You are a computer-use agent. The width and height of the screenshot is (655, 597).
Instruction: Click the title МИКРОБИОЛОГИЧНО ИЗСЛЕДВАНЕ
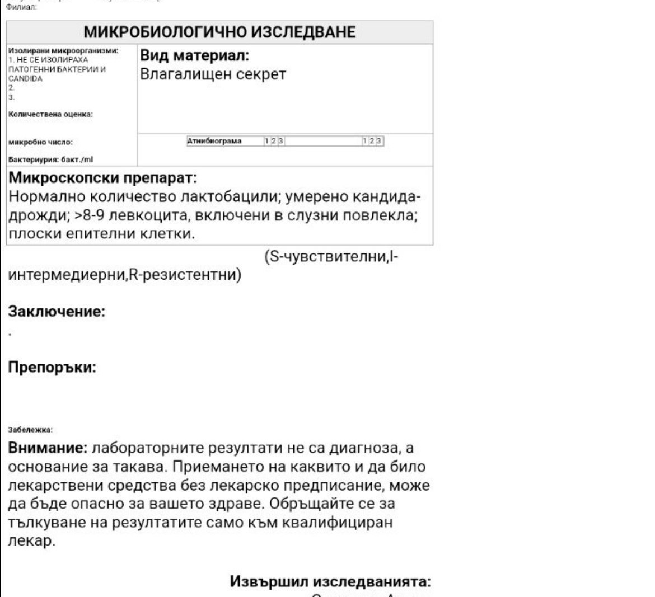click(219, 32)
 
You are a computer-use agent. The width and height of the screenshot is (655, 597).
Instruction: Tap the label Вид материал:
click(194, 55)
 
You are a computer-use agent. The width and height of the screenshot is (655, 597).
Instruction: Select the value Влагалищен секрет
click(213, 74)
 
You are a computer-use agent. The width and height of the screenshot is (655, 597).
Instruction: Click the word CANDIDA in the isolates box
click(25, 79)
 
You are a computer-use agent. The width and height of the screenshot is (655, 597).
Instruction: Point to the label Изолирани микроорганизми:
click(63, 50)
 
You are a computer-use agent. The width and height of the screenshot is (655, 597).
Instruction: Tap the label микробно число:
click(40, 142)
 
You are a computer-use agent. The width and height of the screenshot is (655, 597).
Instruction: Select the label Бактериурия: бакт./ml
click(50, 159)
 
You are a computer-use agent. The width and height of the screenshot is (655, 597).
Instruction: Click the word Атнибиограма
click(214, 141)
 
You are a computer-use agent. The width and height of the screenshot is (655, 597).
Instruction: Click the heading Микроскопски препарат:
click(103, 178)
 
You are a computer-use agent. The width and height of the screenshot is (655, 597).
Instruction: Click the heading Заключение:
click(57, 312)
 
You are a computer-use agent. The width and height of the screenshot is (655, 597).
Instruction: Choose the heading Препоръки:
click(52, 368)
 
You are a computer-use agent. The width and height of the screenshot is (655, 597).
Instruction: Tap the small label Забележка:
click(30, 430)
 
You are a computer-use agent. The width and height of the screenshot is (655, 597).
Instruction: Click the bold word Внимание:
click(48, 448)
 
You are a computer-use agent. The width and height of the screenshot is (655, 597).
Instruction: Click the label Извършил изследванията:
click(330, 581)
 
